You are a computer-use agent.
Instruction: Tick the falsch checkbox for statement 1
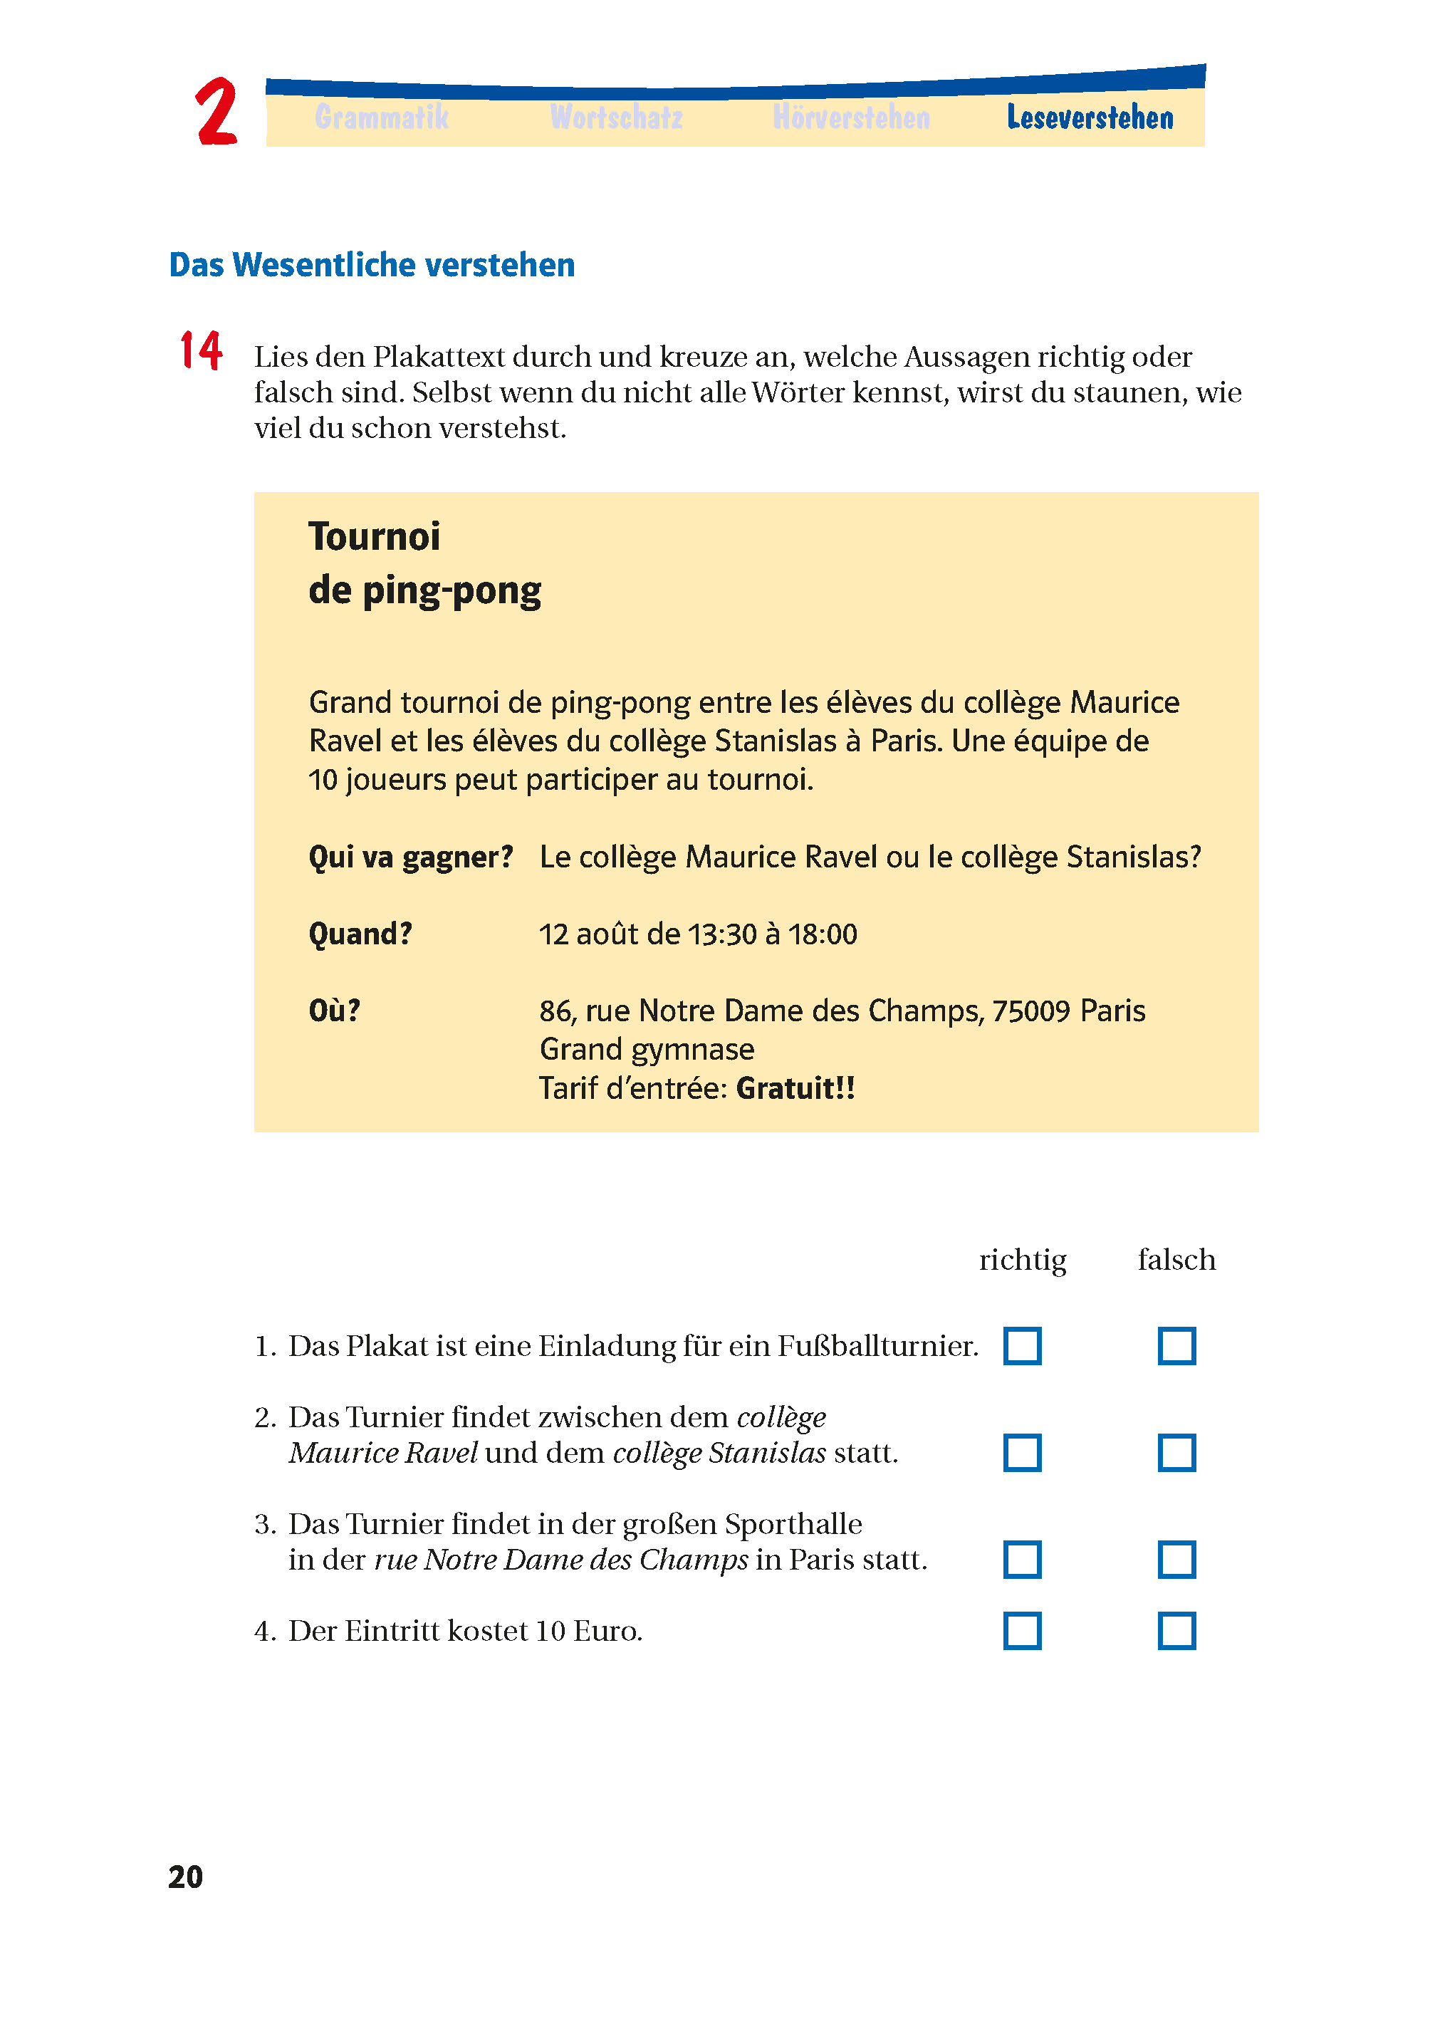1176,1345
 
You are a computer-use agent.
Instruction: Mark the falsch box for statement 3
1176,1560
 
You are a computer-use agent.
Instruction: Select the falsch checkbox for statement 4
1176,1631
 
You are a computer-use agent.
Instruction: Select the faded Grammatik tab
381,117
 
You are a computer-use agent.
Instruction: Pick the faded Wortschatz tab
617,117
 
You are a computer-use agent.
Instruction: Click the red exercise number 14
201,350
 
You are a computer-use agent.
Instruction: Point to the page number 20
185,1877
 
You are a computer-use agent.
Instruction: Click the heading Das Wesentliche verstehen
372,265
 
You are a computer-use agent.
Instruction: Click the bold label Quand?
360,934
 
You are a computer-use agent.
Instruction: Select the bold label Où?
335,1010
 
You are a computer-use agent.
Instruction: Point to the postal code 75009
1031,1011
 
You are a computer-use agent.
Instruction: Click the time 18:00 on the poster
823,934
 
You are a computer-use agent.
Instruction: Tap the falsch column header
1176,1260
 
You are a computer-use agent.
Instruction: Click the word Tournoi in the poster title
374,536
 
